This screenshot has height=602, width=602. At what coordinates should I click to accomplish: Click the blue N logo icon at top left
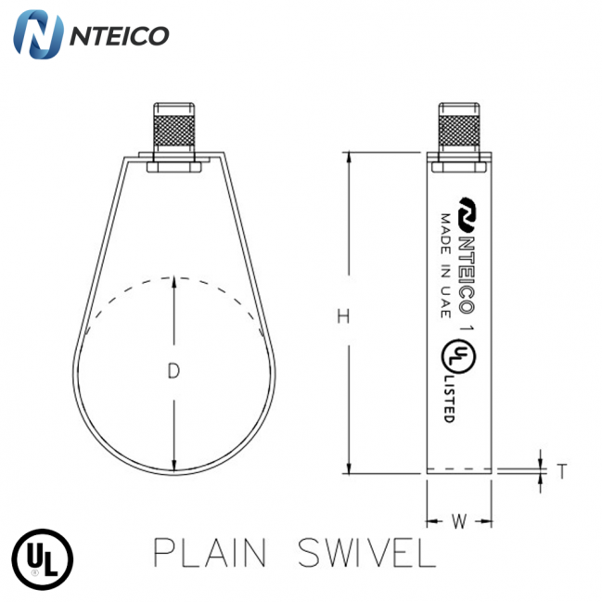[39, 35]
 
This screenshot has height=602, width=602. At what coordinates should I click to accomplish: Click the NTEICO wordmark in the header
[119, 36]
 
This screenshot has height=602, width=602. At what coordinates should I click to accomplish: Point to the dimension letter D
[173, 372]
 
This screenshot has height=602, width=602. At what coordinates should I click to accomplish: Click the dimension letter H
[342, 317]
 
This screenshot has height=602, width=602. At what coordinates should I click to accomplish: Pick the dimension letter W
[457, 521]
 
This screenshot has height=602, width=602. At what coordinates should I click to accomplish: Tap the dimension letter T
[561, 471]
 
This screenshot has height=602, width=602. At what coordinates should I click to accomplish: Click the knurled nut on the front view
[173, 129]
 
